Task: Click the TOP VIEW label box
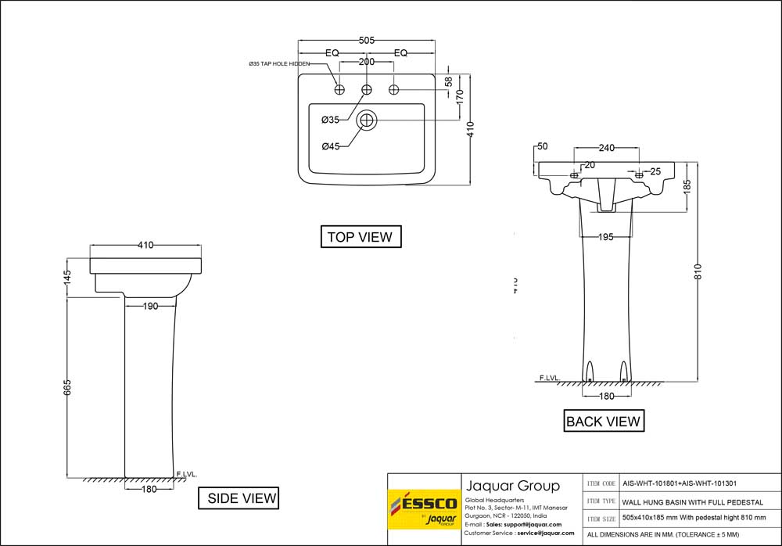tap(361, 237)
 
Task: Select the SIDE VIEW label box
tap(241, 498)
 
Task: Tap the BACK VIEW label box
tap(604, 421)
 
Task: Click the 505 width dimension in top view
tap(366, 40)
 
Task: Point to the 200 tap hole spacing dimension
tap(366, 62)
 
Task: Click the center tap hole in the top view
tap(366, 90)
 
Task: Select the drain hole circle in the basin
tap(366, 120)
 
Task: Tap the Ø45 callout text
tap(330, 146)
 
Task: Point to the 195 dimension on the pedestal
tap(605, 237)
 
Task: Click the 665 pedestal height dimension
tap(68, 387)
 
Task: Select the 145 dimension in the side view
tap(68, 276)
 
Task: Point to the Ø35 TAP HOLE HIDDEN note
tap(278, 63)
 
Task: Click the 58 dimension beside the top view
tap(448, 81)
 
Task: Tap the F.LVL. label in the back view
tap(550, 378)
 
